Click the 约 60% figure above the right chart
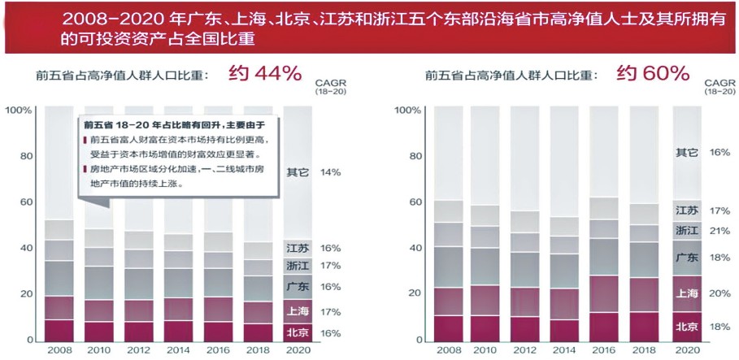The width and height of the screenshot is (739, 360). coord(653,74)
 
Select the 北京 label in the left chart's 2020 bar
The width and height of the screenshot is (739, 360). coord(298,332)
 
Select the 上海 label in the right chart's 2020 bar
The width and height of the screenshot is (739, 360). coord(687,293)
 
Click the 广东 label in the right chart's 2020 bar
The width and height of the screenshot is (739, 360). coord(687,258)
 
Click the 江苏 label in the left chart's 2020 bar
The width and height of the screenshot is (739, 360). coord(298,248)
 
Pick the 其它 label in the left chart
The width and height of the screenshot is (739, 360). coord(298,172)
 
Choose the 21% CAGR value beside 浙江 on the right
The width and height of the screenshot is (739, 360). coord(719,231)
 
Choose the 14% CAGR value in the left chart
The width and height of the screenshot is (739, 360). coord(330,172)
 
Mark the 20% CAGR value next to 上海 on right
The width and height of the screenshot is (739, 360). coord(719,293)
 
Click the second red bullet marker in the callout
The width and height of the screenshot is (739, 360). coord(85,169)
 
